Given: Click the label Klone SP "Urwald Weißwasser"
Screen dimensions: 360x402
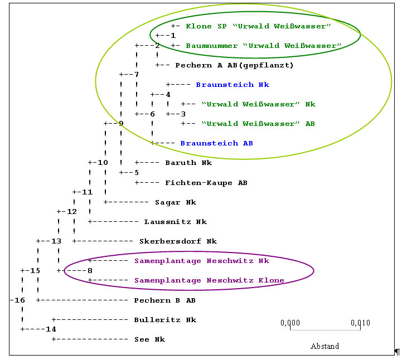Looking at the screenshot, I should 259,26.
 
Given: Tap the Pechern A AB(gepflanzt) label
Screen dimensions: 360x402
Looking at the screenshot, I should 234,65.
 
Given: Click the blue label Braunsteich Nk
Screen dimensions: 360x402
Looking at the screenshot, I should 233,85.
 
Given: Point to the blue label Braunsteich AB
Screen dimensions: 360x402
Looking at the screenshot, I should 216,143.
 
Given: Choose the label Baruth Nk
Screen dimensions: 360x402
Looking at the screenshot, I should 188,163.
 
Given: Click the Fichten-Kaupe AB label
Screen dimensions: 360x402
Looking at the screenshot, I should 206,183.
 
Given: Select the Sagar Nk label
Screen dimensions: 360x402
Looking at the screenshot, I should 176,202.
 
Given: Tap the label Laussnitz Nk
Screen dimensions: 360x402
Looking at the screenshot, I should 175,222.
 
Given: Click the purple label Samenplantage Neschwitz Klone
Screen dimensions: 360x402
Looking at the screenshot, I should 209,280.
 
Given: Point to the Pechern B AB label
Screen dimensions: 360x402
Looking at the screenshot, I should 164,300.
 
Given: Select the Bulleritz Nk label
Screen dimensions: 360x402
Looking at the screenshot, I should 165,320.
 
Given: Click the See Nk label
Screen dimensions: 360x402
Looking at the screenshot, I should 149,339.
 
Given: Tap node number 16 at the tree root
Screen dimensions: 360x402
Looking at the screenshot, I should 14,300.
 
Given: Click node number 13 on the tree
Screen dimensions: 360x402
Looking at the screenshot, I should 56,241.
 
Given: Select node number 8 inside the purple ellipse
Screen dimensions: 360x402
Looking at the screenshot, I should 90,271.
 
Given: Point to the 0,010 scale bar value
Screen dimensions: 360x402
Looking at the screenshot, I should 360,323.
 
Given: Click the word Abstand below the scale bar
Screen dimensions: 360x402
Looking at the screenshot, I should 324,346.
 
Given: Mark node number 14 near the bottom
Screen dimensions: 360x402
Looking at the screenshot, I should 51,329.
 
